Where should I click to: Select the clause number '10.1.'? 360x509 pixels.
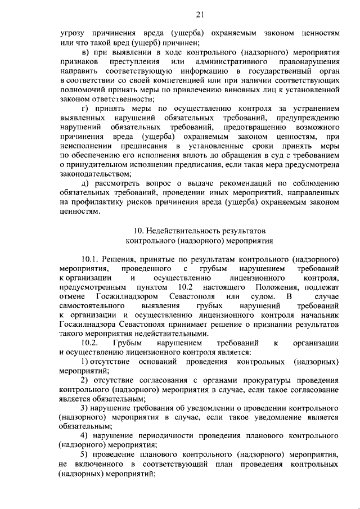pyautogui.click(x=91, y=260)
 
